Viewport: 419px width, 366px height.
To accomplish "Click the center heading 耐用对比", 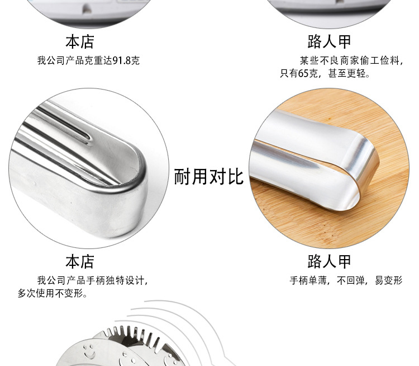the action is click(x=209, y=177).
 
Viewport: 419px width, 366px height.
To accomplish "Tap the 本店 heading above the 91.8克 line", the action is click(x=80, y=42).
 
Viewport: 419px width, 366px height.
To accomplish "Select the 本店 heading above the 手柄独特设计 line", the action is click(x=80, y=261).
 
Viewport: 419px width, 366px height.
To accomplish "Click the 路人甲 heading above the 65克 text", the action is click(x=329, y=42).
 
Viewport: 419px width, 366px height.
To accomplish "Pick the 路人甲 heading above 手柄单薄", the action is click(x=329, y=261).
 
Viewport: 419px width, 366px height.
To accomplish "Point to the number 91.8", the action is click(x=121, y=60).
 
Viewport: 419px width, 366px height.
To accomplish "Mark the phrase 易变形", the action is click(x=388, y=280).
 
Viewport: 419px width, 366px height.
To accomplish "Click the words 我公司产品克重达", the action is click(x=74, y=60).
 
